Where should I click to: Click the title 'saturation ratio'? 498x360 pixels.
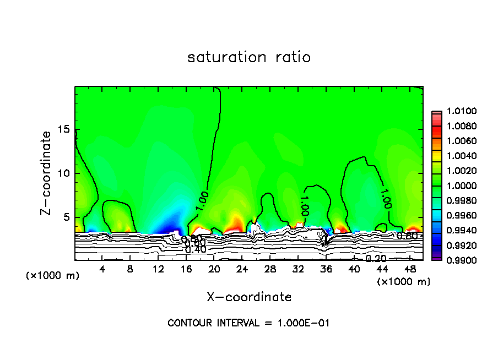click(249, 57)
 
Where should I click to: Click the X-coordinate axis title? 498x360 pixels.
click(249, 297)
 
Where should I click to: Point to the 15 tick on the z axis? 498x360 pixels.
click(66, 129)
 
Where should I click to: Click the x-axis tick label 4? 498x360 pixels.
click(102, 269)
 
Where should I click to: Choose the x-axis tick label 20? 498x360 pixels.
click(214, 269)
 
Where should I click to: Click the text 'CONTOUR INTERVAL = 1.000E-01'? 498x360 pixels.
click(248, 323)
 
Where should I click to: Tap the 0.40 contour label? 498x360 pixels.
click(196, 249)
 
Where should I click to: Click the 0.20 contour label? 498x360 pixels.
click(376, 259)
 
